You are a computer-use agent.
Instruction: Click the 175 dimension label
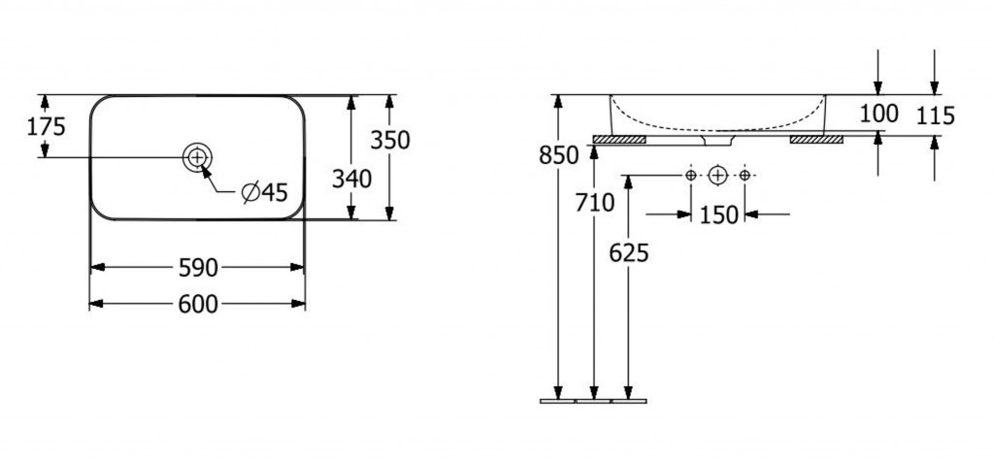coord(47,127)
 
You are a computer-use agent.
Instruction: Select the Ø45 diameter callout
coord(265,191)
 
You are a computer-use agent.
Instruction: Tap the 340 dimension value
coord(351,180)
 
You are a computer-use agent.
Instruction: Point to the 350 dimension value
coord(390,140)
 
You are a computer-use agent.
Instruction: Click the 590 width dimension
coord(198,268)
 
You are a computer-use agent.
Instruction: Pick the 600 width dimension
coord(198,305)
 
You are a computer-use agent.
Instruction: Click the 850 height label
coord(558,154)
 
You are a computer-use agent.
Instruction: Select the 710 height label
coord(595,203)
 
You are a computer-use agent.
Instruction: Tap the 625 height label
coord(629,253)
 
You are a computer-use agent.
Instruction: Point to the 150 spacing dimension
coord(719,214)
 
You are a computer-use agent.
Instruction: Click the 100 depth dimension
coord(879,114)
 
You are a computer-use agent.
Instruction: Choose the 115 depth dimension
coord(936,115)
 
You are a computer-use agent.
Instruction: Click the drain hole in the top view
coord(197,156)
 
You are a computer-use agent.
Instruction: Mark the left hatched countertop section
coord(619,139)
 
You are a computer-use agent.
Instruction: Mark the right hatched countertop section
coord(816,139)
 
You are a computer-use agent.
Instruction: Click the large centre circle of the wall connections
coord(717,175)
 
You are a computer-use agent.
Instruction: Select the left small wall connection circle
coord(691,175)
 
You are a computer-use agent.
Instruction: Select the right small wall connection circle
coord(745,175)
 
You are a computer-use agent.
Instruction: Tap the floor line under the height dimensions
coord(593,401)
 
